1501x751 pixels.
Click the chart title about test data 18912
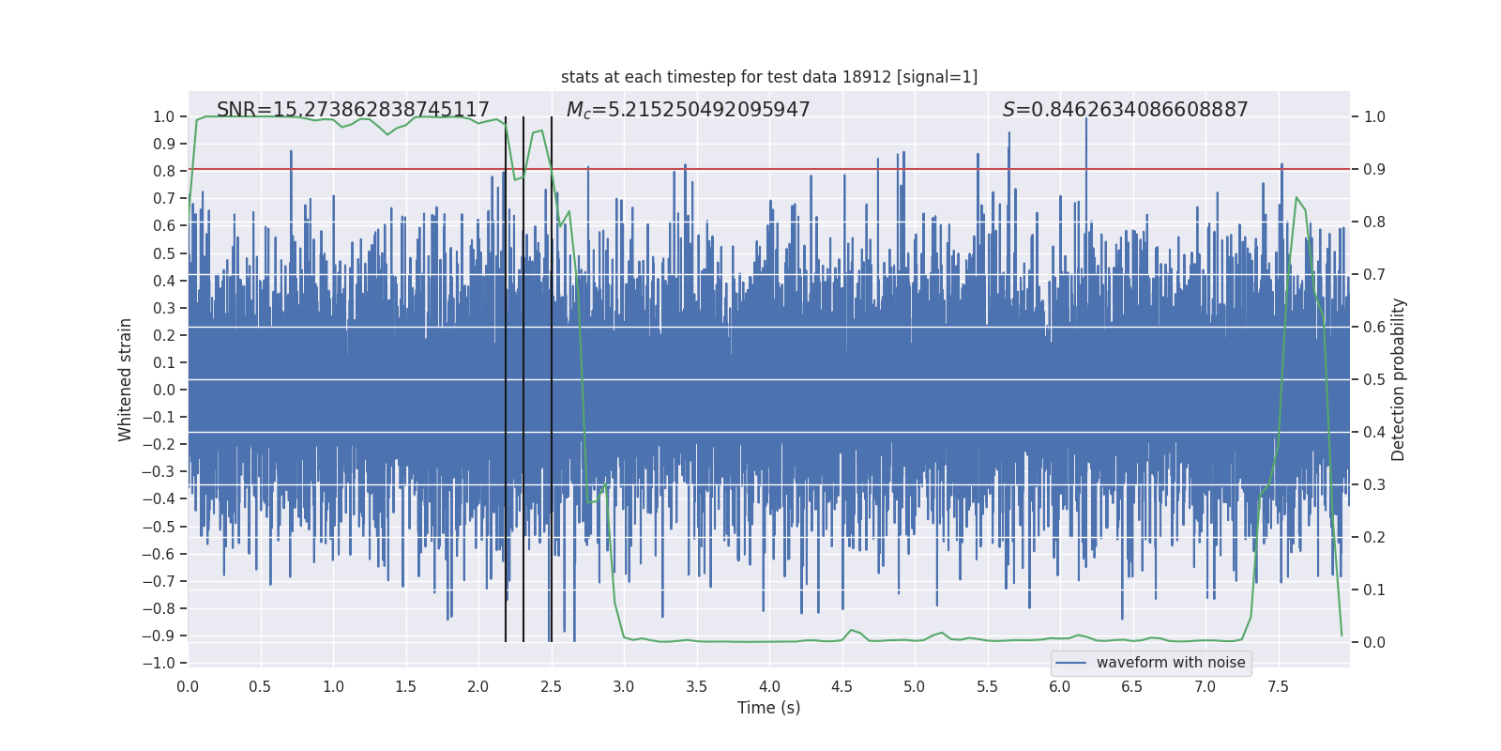(x=769, y=77)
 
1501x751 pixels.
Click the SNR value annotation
(x=353, y=110)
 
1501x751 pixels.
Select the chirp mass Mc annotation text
(x=688, y=110)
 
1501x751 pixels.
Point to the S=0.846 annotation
(x=1125, y=110)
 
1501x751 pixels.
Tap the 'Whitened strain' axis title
(x=126, y=379)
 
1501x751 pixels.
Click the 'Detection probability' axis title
(x=1399, y=379)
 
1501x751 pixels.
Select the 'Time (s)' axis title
(x=769, y=708)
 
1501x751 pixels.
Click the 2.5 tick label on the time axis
(x=552, y=686)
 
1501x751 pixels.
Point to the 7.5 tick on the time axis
(x=1278, y=686)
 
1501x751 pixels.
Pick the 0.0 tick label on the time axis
(x=188, y=686)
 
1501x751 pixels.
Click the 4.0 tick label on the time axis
(x=769, y=686)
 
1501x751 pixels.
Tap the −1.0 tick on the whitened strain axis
(x=159, y=663)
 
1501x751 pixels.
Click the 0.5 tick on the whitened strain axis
(x=164, y=253)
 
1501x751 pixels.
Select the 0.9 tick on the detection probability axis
(x=1374, y=170)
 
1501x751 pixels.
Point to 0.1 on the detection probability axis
(x=1374, y=590)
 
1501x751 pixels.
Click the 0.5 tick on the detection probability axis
(x=1374, y=380)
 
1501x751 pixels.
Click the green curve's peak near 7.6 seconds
(x=1296, y=198)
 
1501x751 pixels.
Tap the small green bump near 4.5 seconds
(x=851, y=630)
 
